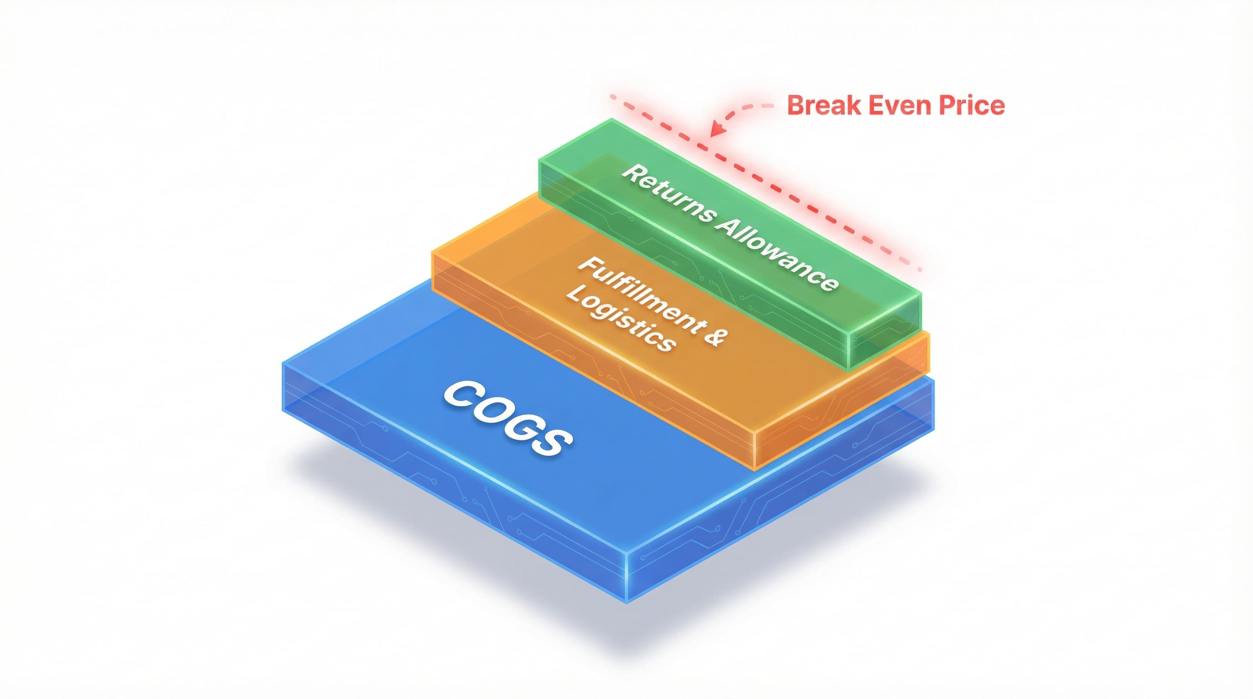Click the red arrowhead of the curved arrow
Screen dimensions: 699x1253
(x=716, y=131)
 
